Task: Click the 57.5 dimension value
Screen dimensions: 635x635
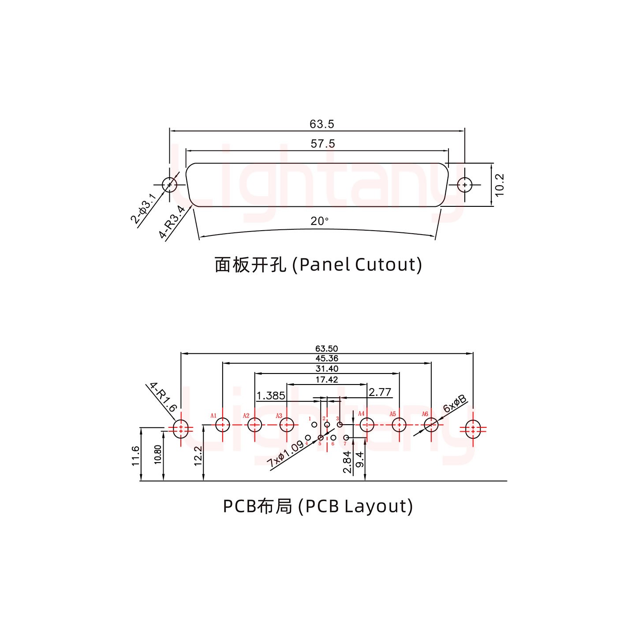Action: tap(323, 144)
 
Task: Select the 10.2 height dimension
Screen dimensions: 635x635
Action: tap(499, 185)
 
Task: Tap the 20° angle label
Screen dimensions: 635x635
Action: tap(319, 221)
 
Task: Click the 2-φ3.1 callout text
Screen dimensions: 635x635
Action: tap(143, 208)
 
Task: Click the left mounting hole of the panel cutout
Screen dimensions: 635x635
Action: tap(169, 185)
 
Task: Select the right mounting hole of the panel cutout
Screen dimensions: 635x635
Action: tap(464, 185)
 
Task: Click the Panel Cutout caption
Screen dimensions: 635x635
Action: tap(318, 265)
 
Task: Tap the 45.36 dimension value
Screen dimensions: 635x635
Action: tap(327, 359)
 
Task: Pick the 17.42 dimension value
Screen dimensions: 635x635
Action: tap(327, 380)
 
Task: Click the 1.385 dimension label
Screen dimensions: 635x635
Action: tap(271, 396)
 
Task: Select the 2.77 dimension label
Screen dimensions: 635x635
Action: tap(380, 392)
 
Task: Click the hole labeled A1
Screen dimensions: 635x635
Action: tap(223, 425)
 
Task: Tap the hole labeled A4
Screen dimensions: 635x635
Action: tap(367, 425)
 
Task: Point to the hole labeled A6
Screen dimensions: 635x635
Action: tap(431, 425)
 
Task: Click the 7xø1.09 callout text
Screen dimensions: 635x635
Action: tap(286, 454)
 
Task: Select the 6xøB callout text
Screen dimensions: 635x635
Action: tap(455, 404)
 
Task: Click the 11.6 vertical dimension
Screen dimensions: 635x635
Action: tap(136, 456)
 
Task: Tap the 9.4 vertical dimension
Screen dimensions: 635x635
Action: tap(360, 459)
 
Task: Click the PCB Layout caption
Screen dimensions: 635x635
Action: tap(318, 506)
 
